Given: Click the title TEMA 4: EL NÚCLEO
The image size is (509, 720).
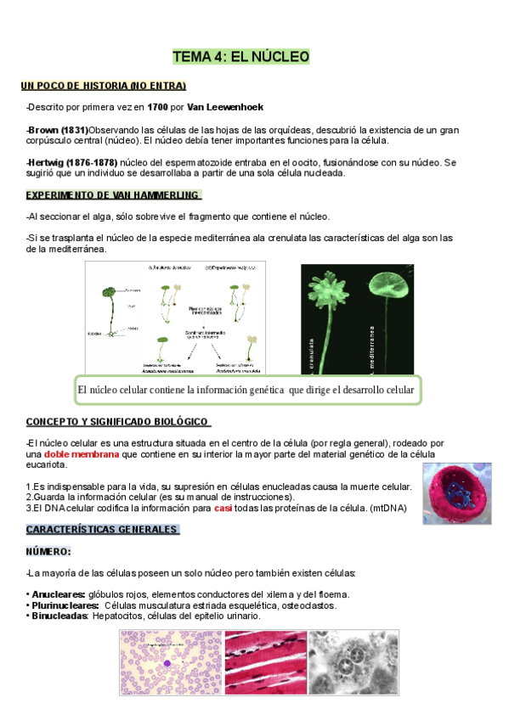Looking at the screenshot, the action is click(x=241, y=57).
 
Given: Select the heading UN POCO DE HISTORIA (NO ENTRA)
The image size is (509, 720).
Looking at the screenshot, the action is click(x=104, y=86).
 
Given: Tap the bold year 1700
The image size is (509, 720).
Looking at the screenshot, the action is click(x=157, y=108).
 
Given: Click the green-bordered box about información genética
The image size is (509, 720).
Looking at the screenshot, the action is click(x=246, y=391).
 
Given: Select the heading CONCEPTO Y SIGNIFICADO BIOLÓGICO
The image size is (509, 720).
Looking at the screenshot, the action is click(x=118, y=421).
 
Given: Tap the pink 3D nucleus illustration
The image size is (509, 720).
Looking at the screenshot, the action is click(x=456, y=493).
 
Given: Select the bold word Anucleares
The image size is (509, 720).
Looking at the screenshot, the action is click(x=59, y=594).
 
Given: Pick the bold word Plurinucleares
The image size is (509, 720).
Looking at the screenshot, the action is click(x=64, y=605).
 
